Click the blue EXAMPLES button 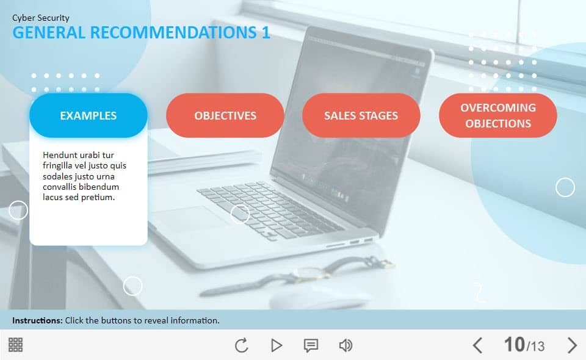(88, 115)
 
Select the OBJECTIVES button (225, 115)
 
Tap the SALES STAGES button (361, 115)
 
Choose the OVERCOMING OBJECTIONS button (498, 115)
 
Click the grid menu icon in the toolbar (15, 345)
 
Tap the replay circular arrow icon (242, 345)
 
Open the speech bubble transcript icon (311, 345)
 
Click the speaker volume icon (345, 345)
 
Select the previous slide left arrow (477, 345)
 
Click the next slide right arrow (572, 345)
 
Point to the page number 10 (514, 344)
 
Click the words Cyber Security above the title (41, 18)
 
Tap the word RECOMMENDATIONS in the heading (173, 32)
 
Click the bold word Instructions (37, 320)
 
